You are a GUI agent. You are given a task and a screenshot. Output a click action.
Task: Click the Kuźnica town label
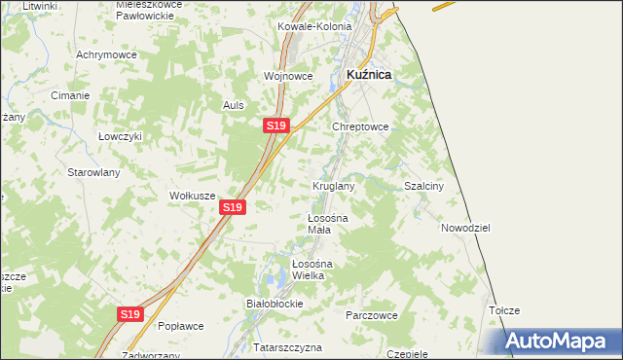coord(370,74)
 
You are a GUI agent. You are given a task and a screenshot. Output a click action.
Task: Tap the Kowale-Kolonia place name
coord(313,26)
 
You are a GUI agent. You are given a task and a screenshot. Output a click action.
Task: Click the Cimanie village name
coord(71,95)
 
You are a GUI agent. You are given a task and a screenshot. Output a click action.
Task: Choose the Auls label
coord(233,105)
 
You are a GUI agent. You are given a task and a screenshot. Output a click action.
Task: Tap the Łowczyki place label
coord(121,136)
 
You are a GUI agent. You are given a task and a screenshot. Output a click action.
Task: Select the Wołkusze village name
coord(192,196)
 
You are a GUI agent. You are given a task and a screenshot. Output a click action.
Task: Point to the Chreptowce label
coord(361,126)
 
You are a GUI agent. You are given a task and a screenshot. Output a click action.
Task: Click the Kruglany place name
coord(333,185)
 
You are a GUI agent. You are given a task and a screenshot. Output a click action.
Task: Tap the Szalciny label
coord(424,185)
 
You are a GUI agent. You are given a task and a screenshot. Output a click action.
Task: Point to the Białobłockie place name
coord(275,304)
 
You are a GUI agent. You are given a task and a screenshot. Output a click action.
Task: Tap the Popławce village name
coord(179,326)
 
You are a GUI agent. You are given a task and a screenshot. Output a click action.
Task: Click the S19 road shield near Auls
coord(276,126)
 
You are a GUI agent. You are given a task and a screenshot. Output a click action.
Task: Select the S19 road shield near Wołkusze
coord(232,207)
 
